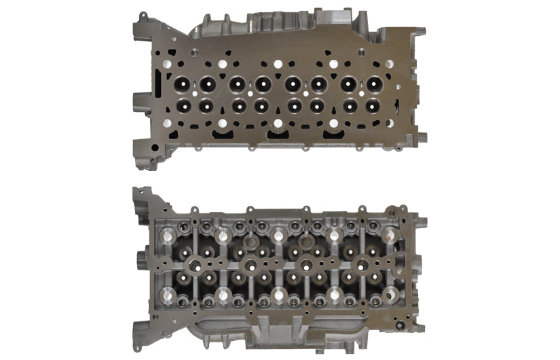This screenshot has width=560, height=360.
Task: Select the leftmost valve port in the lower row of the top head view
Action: (182, 106)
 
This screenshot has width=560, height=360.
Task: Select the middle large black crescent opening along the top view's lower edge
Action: (278, 135)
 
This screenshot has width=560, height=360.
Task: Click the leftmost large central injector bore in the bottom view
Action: (193, 262)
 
